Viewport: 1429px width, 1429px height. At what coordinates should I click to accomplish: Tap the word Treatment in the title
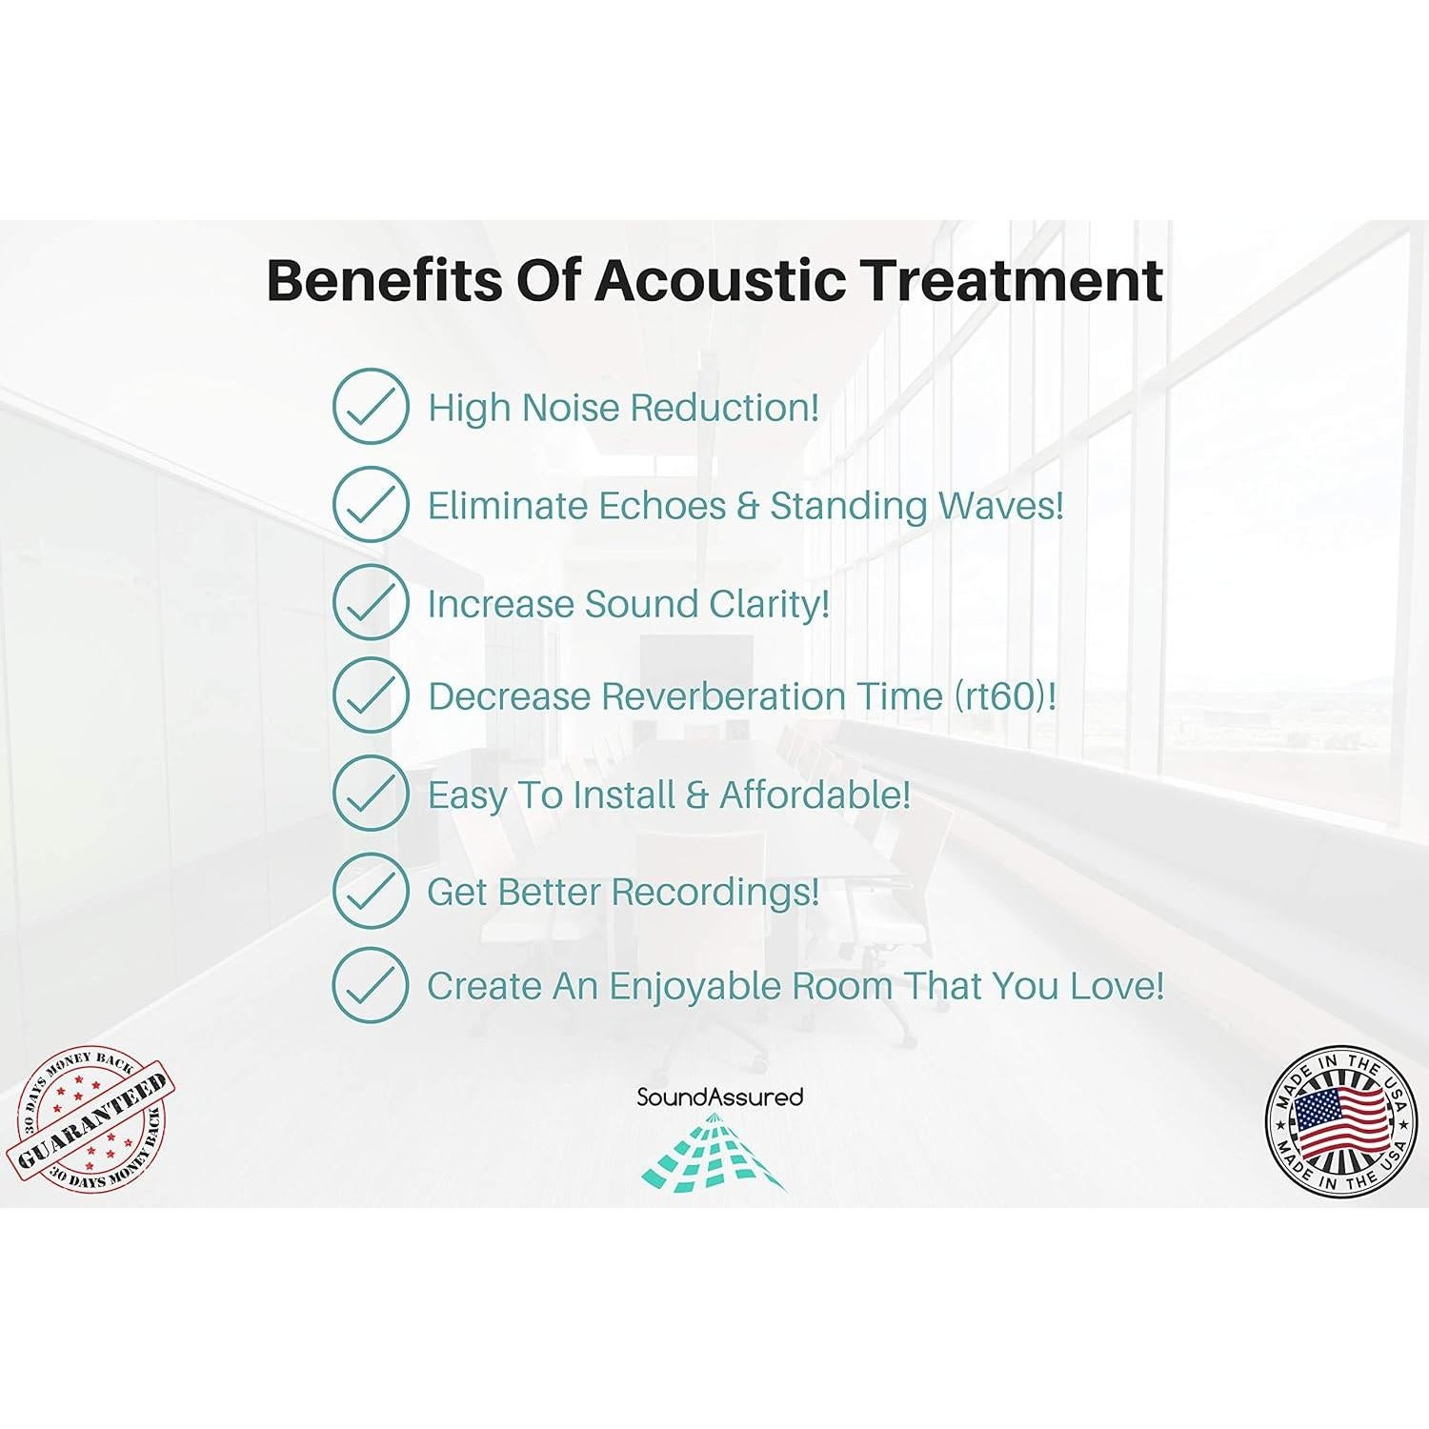coord(1012,280)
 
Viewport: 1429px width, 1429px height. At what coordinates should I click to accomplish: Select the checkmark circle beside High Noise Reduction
coord(371,407)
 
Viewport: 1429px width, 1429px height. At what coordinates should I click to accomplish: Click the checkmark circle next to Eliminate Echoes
coord(371,504)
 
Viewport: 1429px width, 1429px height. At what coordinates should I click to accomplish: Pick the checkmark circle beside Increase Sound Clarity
coord(371,602)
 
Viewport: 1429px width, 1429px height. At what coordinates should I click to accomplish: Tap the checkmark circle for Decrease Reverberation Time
coord(371,694)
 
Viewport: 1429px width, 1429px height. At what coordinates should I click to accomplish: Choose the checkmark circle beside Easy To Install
coord(371,793)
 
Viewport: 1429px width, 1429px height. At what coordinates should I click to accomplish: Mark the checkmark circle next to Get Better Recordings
coord(371,890)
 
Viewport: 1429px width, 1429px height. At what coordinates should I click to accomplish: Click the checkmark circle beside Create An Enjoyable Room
coord(371,985)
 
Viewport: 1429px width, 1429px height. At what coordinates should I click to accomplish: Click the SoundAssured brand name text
coord(720,1097)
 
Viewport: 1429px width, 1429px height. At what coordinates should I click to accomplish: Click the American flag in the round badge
coord(1337,1120)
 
